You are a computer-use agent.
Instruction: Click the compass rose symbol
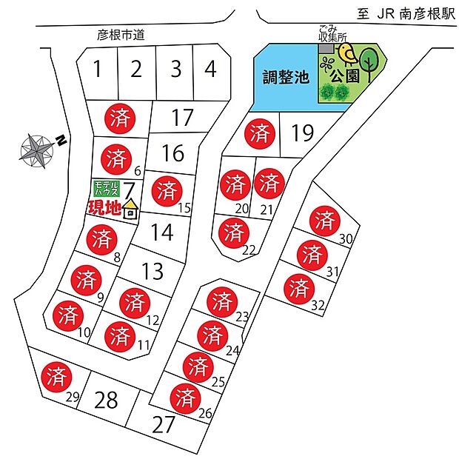point(36,150)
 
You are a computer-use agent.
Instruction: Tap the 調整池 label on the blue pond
point(285,77)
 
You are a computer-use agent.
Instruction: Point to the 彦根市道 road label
point(120,35)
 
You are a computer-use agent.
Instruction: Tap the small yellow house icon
point(130,209)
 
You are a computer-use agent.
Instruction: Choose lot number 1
point(97,70)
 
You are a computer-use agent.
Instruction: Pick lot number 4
point(211,70)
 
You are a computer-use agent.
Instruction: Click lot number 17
point(181,118)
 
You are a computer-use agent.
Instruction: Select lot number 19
point(303,133)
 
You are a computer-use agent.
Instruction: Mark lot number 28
point(107,401)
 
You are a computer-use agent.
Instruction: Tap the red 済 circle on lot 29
point(56,375)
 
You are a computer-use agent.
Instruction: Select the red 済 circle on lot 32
point(298,287)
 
